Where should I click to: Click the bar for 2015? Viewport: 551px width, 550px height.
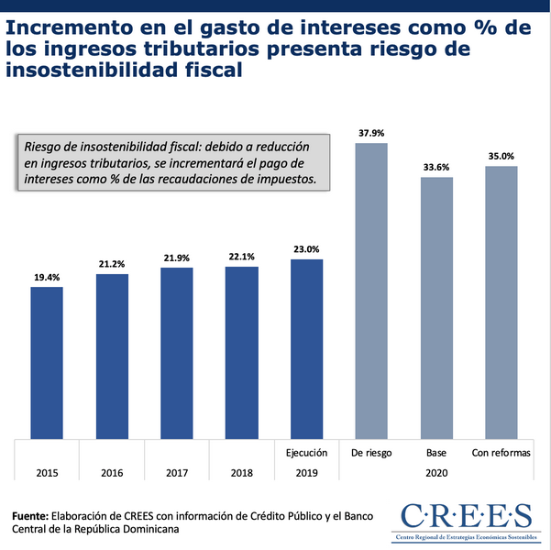pyautogui.click(x=47, y=362)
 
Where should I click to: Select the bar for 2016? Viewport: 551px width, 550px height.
pyautogui.click(x=112, y=356)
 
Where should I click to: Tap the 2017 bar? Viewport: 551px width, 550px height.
pyautogui.click(x=177, y=353)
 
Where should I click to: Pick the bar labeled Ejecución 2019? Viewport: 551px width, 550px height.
pyautogui.click(x=307, y=348)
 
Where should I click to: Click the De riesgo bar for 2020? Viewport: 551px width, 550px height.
pyautogui.click(x=371, y=291)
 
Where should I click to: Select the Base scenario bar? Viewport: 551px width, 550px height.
pyautogui.click(x=436, y=307)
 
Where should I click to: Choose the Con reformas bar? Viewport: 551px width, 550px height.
pyautogui.click(x=501, y=302)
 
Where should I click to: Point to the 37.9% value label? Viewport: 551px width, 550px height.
pyautogui.click(x=371, y=134)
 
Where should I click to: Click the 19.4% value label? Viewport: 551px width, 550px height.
pyautogui.click(x=47, y=277)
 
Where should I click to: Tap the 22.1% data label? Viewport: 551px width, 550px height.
pyautogui.click(x=242, y=257)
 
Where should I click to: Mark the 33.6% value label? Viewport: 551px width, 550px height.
pyautogui.click(x=436, y=167)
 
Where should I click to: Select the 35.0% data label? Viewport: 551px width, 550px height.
pyautogui.click(x=501, y=157)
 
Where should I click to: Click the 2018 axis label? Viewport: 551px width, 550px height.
pyautogui.click(x=242, y=473)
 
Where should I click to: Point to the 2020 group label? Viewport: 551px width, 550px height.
pyautogui.click(x=436, y=473)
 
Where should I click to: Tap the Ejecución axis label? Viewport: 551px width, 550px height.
pyautogui.click(x=307, y=453)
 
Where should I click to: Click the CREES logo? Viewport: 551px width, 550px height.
pyautogui.click(x=466, y=519)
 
